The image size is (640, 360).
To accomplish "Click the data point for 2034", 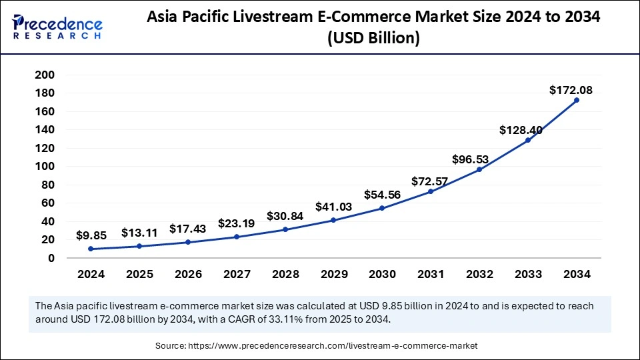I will tap(577, 100).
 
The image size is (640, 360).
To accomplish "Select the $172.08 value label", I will tap(571, 90).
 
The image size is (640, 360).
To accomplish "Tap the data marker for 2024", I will tap(91, 249).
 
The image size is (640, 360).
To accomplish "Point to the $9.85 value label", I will tap(92, 235).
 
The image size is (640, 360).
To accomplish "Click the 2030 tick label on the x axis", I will tap(382, 274).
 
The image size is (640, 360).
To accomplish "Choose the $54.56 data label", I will tap(381, 195).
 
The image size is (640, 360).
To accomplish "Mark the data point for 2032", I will tap(479, 169).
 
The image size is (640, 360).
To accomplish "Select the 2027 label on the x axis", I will tap(237, 274).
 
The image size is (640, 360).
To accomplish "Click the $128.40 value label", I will tap(521, 131).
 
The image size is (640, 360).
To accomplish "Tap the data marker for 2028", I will tap(285, 229).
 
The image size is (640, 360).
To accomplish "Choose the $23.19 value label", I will tap(236, 223).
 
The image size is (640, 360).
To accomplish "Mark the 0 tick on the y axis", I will tap(50, 258).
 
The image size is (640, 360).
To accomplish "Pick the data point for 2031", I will tap(431, 191).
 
